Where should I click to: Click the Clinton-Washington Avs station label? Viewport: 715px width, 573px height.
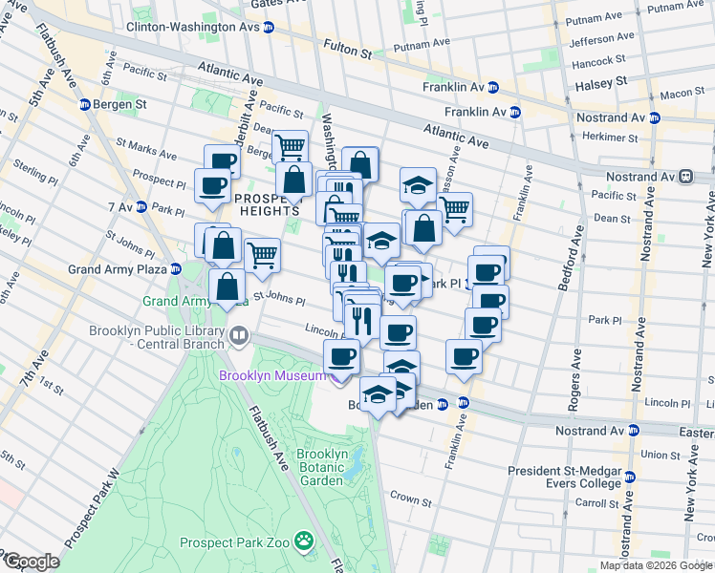click(x=193, y=27)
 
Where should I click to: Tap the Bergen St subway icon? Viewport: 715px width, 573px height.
click(x=84, y=103)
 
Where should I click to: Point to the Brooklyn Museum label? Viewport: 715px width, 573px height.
click(x=272, y=375)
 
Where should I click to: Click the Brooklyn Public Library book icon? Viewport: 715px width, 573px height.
click(x=237, y=336)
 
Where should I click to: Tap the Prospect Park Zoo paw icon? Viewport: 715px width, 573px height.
click(x=304, y=542)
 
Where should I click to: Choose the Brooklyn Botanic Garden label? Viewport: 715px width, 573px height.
click(x=321, y=467)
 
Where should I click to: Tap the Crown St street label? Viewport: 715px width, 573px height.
click(x=412, y=500)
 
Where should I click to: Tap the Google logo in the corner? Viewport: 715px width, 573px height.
click(x=31, y=562)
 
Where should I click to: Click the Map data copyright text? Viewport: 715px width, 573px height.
click(x=656, y=565)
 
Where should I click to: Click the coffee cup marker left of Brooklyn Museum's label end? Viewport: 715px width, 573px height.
click(x=340, y=357)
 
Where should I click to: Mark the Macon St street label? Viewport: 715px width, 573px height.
click(x=680, y=94)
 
